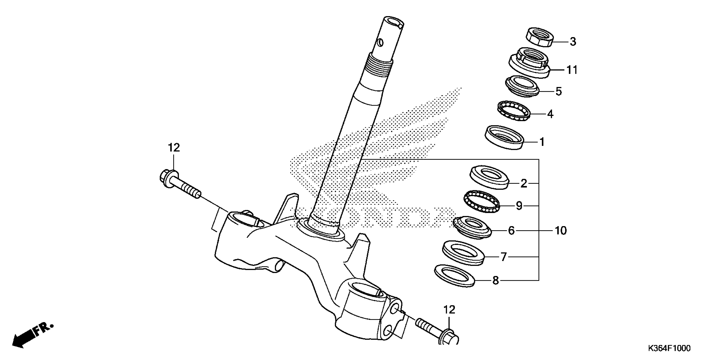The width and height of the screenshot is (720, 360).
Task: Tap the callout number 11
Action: pyautogui.click(x=572, y=70)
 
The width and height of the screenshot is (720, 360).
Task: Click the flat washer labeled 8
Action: pyautogui.click(x=455, y=276)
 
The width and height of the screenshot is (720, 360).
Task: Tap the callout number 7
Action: pyautogui.click(x=503, y=257)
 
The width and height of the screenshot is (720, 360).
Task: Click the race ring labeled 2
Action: pyautogui.click(x=489, y=177)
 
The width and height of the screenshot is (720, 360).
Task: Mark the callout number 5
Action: pyautogui.click(x=558, y=91)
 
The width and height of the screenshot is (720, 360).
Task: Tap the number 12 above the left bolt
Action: pyautogui.click(x=174, y=148)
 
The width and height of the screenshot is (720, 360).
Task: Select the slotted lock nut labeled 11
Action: pyautogui.click(x=529, y=66)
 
